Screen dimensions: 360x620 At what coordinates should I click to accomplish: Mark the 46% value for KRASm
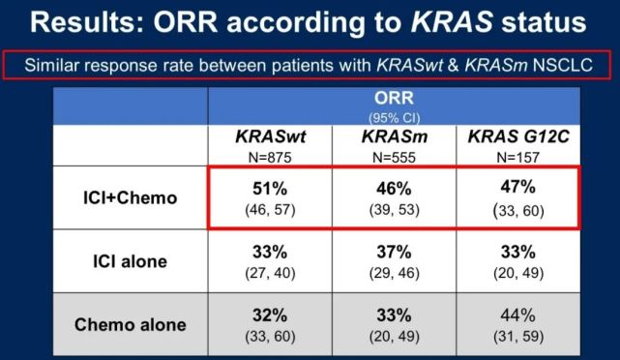point(395,188)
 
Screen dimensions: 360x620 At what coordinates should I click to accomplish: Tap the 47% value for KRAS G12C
point(518,187)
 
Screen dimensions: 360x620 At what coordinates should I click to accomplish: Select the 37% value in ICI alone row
point(395,252)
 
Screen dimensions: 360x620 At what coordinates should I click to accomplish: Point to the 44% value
point(518,315)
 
